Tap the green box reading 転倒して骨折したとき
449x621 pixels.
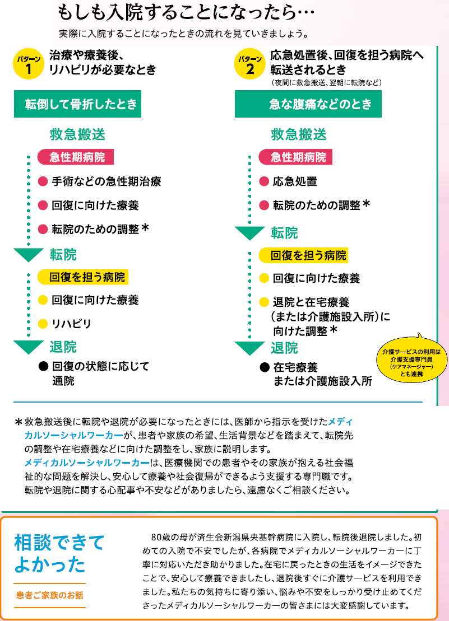point(78,104)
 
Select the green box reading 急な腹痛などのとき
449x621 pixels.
point(308,104)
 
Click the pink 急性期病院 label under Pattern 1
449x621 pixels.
point(76,157)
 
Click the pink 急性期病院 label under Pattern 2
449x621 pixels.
point(295,157)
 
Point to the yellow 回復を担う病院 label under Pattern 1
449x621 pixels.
point(83,277)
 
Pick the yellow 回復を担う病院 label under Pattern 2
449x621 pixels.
point(303,255)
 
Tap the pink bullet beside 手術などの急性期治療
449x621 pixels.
point(43,182)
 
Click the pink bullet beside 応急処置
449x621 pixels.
point(264,182)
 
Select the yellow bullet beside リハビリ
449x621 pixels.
point(43,324)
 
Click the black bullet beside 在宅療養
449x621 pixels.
point(265,367)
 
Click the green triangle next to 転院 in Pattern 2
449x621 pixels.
point(249,233)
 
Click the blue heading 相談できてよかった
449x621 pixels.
point(59,553)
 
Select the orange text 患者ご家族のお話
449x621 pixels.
point(50,595)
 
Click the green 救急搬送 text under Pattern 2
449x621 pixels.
point(299,134)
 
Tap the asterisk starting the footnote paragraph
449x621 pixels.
point(18,422)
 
